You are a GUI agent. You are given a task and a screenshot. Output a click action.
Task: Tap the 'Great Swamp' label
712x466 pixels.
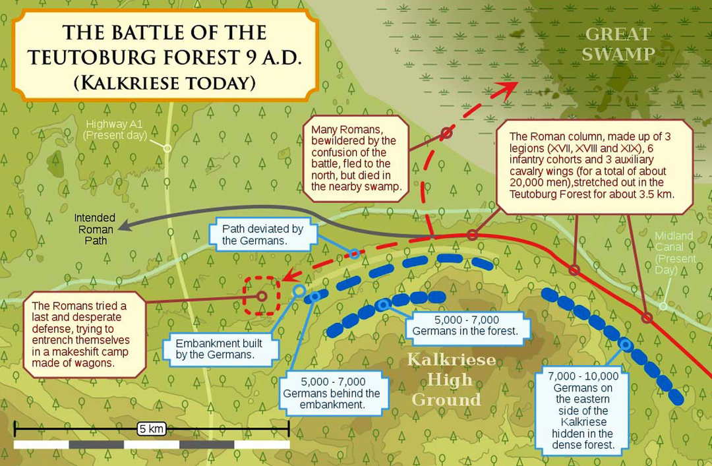618,44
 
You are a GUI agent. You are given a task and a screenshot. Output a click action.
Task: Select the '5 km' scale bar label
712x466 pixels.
151,429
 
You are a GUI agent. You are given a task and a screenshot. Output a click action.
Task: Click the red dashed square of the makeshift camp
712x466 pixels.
262,296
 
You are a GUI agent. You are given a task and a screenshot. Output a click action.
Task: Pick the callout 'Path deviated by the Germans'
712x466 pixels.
262,235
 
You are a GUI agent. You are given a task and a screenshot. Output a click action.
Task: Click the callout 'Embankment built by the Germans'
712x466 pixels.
218,349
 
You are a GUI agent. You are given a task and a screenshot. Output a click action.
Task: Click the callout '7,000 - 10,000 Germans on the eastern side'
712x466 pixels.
582,411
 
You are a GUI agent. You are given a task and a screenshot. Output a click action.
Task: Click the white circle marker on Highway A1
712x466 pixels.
167,148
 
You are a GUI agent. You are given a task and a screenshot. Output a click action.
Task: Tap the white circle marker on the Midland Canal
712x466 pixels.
663,306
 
